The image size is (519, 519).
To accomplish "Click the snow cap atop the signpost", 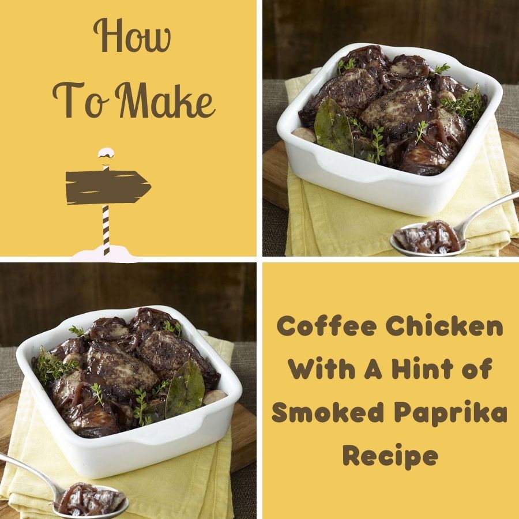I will (106, 155).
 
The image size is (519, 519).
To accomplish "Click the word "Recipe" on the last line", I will (390, 457).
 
